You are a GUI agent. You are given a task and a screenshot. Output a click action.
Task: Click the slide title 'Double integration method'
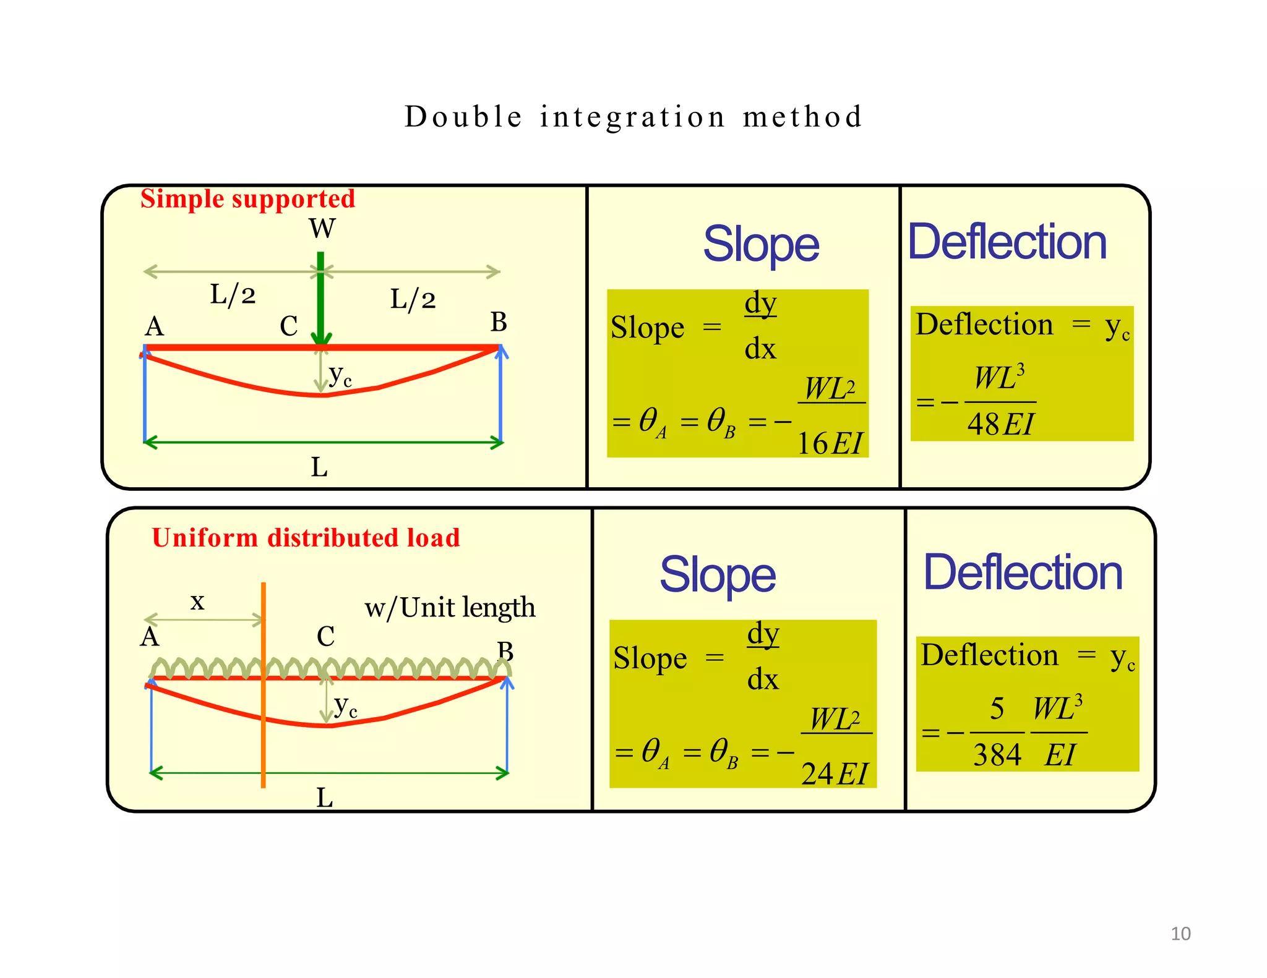pyautogui.click(x=633, y=117)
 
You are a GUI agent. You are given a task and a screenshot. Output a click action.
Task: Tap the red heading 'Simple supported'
pyautogui.click(x=247, y=199)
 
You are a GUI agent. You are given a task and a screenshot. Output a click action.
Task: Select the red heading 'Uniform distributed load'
pyautogui.click(x=306, y=538)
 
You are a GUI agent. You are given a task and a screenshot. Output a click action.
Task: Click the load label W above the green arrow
pyautogui.click(x=322, y=229)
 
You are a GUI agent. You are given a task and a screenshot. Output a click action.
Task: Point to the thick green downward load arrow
pyautogui.click(x=320, y=297)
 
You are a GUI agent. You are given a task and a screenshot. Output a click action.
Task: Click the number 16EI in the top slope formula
pyautogui.click(x=830, y=443)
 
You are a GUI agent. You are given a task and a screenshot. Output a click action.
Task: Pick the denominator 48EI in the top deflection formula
pyautogui.click(x=1000, y=424)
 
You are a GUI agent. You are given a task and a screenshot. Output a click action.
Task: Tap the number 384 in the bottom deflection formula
pyautogui.click(x=997, y=755)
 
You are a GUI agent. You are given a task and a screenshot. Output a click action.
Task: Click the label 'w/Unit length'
pyautogui.click(x=450, y=608)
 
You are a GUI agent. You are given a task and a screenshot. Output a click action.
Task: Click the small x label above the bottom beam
pyautogui.click(x=197, y=602)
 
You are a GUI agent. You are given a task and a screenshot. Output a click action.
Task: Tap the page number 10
pyautogui.click(x=1180, y=933)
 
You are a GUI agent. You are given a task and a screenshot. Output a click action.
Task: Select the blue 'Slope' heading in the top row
pyautogui.click(x=761, y=245)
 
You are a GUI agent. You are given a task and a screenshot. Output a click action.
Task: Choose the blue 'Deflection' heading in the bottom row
pyautogui.click(x=1023, y=573)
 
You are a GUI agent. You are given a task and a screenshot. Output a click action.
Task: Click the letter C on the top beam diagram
pyautogui.click(x=288, y=326)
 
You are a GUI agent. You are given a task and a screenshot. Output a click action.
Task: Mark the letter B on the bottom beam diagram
pyautogui.click(x=505, y=651)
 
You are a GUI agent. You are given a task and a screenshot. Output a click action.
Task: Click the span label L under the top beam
pyautogui.click(x=319, y=467)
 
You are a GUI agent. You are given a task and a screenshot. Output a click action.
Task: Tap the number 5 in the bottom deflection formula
pyautogui.click(x=997, y=708)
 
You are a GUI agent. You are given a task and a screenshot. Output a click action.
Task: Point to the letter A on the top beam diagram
pyautogui.click(x=155, y=326)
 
